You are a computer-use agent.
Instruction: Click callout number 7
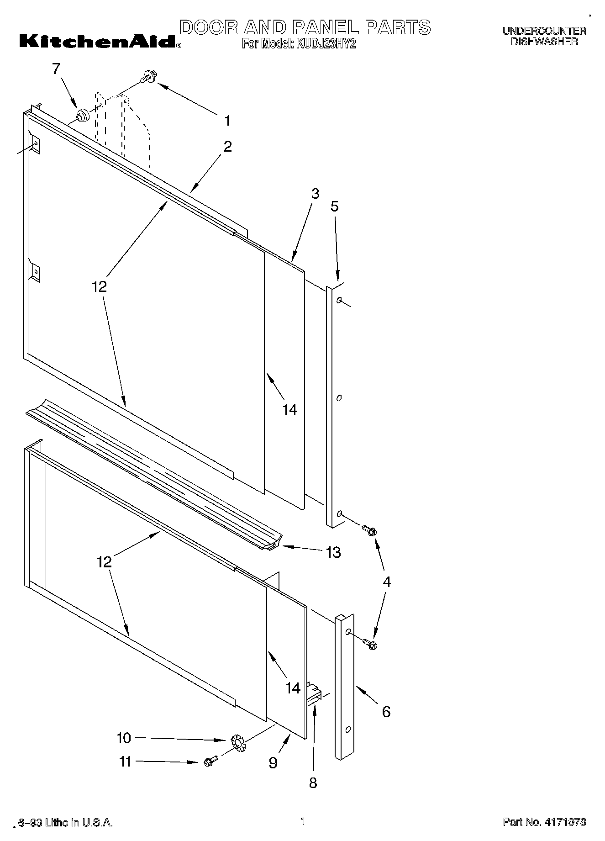click(x=56, y=69)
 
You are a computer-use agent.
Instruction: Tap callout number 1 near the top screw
click(x=227, y=121)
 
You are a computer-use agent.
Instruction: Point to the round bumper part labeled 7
click(x=82, y=116)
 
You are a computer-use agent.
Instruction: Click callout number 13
click(x=333, y=552)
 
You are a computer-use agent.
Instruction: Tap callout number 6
click(x=386, y=712)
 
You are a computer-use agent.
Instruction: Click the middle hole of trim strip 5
click(x=339, y=398)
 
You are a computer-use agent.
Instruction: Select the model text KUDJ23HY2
click(x=324, y=45)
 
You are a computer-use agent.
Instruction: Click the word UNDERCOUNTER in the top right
click(x=544, y=31)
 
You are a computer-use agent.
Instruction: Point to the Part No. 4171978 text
click(x=544, y=822)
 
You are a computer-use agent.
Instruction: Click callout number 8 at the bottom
click(x=313, y=783)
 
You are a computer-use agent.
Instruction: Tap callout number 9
click(x=273, y=763)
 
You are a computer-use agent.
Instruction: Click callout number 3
click(x=315, y=193)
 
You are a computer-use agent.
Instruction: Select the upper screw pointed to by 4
click(x=370, y=530)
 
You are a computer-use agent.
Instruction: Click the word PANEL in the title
click(x=325, y=27)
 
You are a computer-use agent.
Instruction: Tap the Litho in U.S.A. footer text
click(x=66, y=823)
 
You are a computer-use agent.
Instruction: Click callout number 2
click(x=227, y=147)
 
